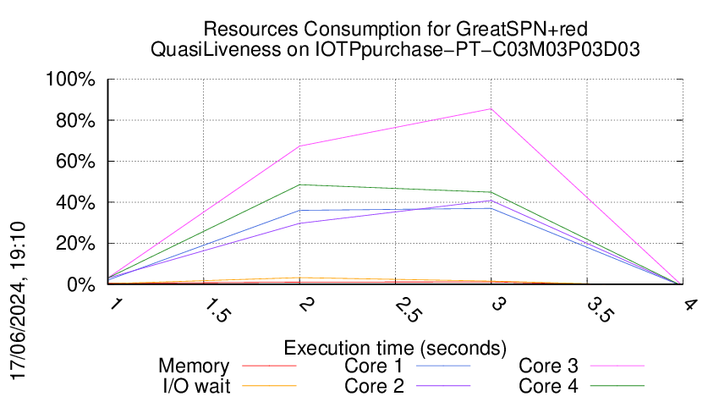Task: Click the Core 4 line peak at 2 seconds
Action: (x=299, y=184)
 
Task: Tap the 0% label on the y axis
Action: (x=83, y=284)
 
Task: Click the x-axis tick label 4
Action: (x=689, y=303)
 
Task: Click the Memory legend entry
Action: (x=194, y=366)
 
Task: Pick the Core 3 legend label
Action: (x=548, y=366)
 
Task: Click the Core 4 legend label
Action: (x=548, y=386)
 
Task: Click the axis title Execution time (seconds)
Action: (x=395, y=348)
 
